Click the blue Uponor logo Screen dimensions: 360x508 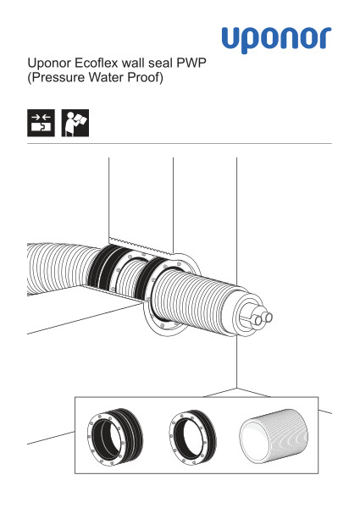point(276,40)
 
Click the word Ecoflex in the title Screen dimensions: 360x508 point(91,63)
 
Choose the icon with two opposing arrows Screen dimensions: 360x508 point(41,123)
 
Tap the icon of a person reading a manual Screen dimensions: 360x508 point(75,123)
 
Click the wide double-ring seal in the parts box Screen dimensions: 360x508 point(115,436)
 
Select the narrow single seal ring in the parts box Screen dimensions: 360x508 point(193,436)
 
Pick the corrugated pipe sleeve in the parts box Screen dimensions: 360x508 point(274,436)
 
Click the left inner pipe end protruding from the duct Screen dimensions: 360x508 point(257,319)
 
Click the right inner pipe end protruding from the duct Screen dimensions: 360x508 point(268,317)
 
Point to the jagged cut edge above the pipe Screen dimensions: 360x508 point(140,246)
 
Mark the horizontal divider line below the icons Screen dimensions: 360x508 point(180,144)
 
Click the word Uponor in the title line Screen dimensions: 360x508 point(50,63)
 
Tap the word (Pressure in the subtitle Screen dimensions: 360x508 point(56,78)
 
